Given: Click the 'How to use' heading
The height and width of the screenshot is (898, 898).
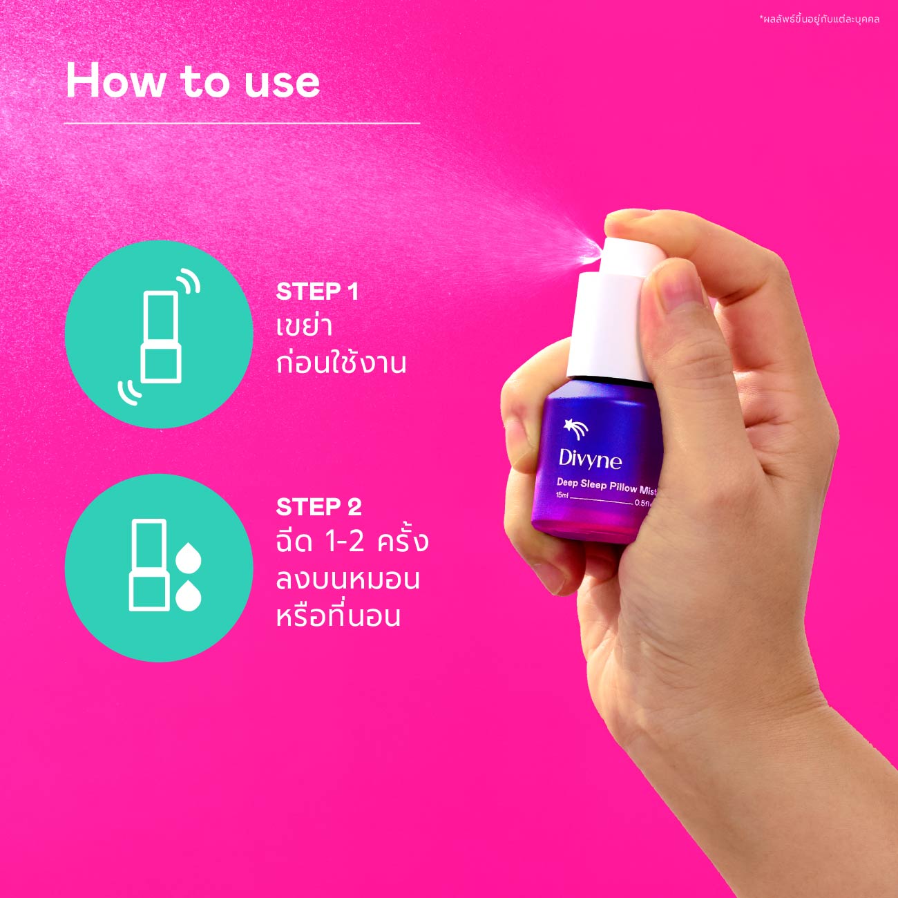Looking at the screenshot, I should (x=193, y=82).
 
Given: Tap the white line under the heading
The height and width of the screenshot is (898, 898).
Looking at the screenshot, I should (x=242, y=123).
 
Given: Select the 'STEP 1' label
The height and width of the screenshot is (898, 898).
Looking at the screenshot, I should (x=317, y=292).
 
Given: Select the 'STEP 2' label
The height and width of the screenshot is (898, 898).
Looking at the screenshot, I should (x=318, y=507).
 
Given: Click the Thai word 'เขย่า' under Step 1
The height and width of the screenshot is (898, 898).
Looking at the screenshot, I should (x=304, y=327).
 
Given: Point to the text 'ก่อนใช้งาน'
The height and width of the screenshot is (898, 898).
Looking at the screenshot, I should (x=341, y=363).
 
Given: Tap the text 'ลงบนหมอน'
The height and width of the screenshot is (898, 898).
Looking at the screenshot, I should (x=347, y=579).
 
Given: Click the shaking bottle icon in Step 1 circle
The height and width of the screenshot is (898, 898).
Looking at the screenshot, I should (x=160, y=336).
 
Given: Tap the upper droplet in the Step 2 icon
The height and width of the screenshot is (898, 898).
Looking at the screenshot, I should (x=188, y=557).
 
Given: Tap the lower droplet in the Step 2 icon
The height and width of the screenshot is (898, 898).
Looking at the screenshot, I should (x=188, y=595).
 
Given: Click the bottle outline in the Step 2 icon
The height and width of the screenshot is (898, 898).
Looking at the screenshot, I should (x=149, y=565).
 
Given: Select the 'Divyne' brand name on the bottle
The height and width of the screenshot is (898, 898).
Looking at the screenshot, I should (x=589, y=459).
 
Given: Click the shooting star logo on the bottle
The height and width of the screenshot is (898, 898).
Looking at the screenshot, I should (x=575, y=430).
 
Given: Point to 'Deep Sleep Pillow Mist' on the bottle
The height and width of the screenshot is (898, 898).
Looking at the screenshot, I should (x=606, y=486).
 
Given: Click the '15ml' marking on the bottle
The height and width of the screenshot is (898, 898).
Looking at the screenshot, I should (x=562, y=495).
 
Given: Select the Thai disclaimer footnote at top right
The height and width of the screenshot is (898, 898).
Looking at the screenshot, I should (x=819, y=19).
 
